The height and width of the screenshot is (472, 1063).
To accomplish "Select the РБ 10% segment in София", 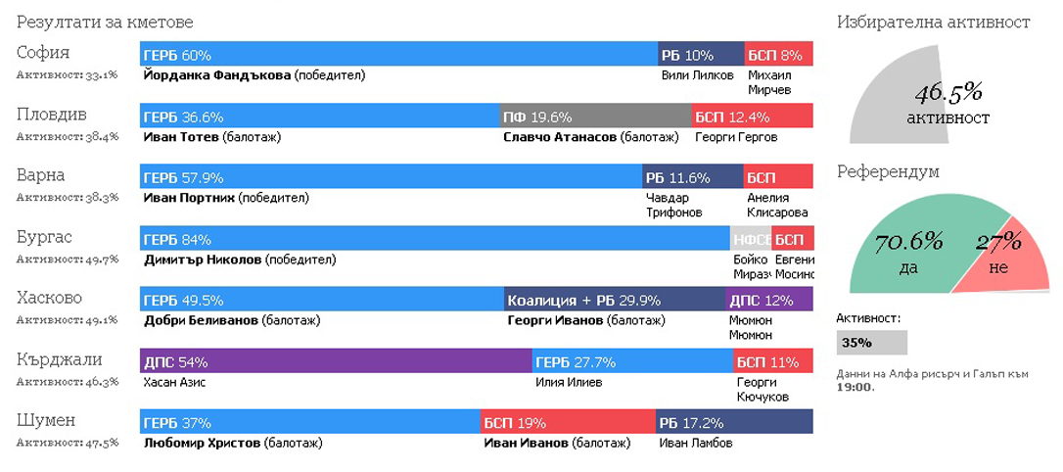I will (700, 55).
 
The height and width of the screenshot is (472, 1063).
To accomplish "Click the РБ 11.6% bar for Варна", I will (692, 177).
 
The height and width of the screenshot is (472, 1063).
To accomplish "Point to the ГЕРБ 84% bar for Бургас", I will (435, 239).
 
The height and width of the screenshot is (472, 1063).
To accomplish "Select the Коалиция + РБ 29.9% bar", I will (614, 300).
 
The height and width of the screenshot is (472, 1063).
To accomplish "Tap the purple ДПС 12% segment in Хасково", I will (769, 300).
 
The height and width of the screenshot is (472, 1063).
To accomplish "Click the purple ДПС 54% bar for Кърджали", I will (336, 361).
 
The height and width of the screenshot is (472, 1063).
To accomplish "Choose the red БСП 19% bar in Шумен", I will (568, 422).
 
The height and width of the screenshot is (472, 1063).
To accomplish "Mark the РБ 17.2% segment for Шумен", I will (734, 422).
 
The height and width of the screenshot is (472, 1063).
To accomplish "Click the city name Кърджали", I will (60, 360).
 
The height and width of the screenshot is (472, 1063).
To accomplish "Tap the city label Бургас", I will (45, 238).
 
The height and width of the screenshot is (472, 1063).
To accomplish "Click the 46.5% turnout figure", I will (948, 93).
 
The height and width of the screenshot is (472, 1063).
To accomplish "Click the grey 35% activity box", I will (871, 343).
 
